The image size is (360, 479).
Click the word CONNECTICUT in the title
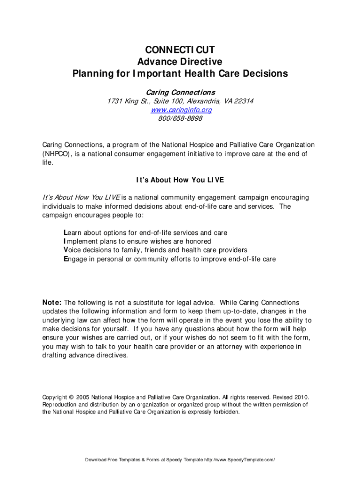(x=180, y=50)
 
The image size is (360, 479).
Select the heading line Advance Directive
(x=180, y=62)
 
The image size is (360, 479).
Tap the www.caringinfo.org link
(x=181, y=110)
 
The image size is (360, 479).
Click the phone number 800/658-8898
(x=180, y=118)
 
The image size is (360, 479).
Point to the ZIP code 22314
(x=244, y=101)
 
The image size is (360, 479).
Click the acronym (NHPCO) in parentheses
(x=58, y=153)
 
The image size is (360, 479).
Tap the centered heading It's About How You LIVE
(x=180, y=180)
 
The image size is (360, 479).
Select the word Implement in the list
(x=80, y=241)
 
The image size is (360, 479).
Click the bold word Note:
(x=52, y=303)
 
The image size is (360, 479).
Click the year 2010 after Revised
(x=301, y=396)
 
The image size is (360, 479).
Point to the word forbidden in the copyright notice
(x=226, y=412)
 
